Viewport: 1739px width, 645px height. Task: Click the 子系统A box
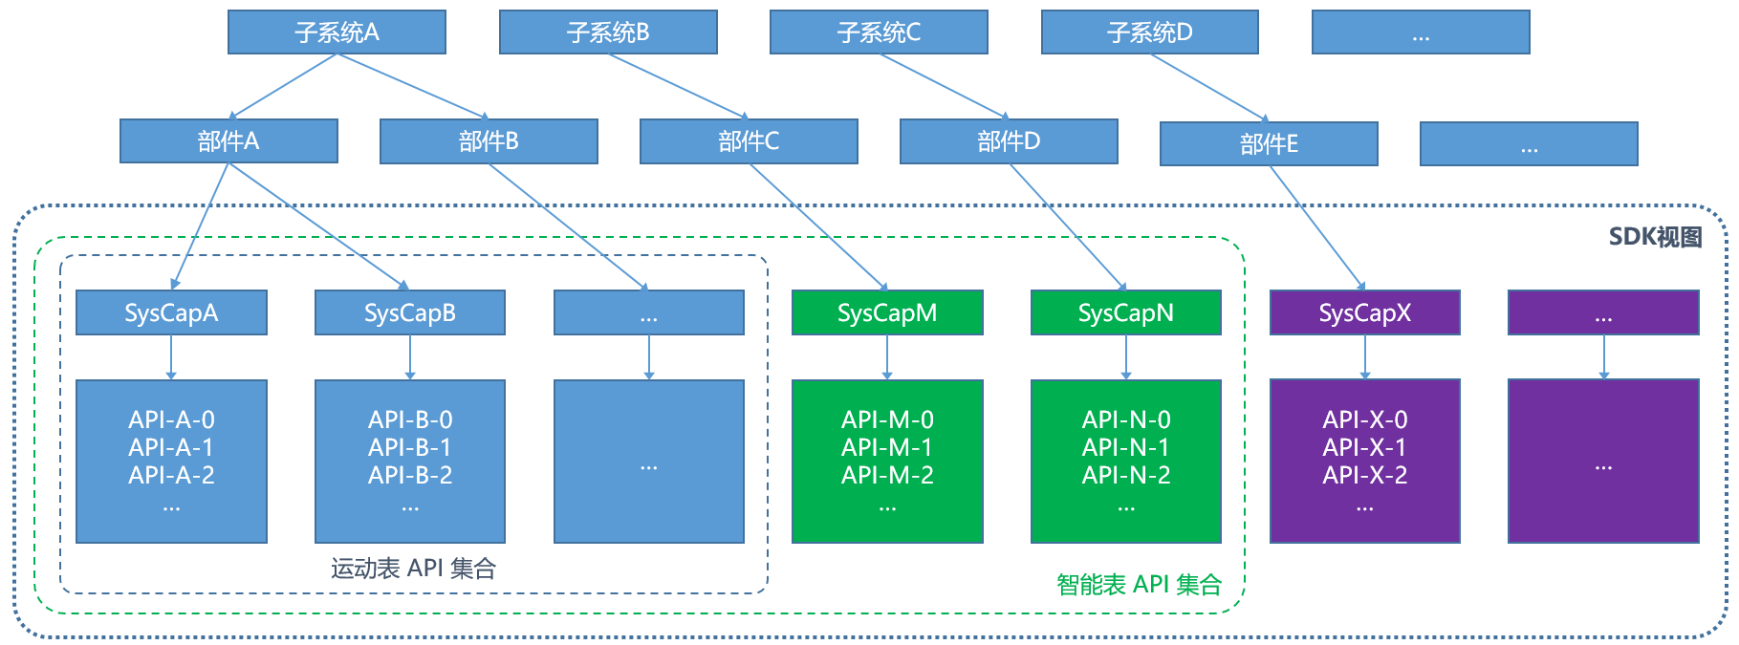[x=337, y=32]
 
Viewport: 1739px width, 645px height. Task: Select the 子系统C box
[x=879, y=32]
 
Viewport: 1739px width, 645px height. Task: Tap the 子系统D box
[x=1149, y=32]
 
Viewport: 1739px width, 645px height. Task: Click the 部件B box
[x=489, y=141]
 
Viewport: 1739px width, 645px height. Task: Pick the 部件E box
[x=1269, y=144]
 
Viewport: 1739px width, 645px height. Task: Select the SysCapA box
[x=171, y=312]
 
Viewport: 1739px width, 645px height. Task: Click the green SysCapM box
[x=887, y=312]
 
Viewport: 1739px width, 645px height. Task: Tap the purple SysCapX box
[x=1364, y=312]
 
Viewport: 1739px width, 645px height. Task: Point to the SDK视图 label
[x=1655, y=237]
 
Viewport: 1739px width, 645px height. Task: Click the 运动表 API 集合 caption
[x=413, y=569]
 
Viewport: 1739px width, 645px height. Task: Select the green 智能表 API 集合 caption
[x=1139, y=585]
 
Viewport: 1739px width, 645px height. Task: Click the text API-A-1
[x=171, y=447]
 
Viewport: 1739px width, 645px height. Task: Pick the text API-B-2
[x=410, y=475]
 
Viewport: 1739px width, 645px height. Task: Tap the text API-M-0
[x=887, y=419]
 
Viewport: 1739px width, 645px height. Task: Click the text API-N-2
[x=1126, y=475]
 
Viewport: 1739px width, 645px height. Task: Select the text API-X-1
[x=1364, y=447]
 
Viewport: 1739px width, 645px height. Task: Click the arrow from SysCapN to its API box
[x=1126, y=357]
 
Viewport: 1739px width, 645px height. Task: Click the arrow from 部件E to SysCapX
[x=1316, y=227]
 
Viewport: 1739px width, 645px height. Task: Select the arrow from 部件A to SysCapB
[x=318, y=226]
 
